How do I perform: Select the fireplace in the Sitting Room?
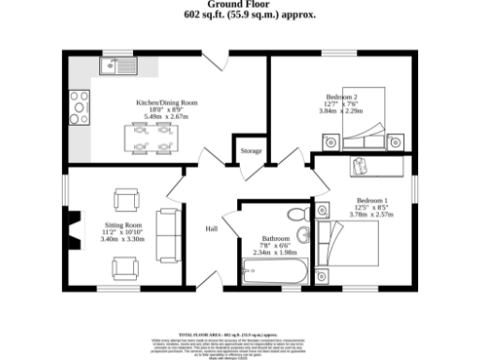[69, 228]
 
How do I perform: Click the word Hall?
[212, 228]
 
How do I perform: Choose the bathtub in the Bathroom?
[273, 275]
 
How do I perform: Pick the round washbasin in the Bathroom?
[299, 215]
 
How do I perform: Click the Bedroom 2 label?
[340, 97]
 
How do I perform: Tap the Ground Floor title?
[240, 5]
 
